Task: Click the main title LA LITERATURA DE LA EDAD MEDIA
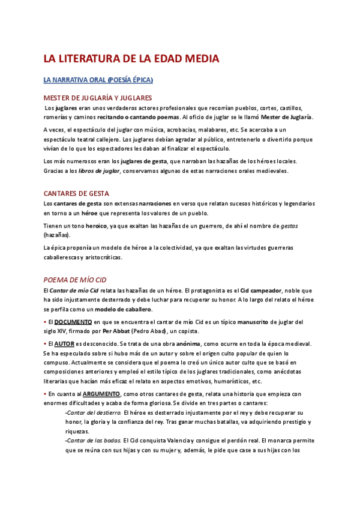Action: (131, 59)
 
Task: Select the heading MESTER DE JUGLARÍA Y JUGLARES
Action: (98, 97)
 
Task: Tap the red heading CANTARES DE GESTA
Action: (76, 193)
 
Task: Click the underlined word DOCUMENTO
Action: (77, 322)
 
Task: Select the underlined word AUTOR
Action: (64, 344)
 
